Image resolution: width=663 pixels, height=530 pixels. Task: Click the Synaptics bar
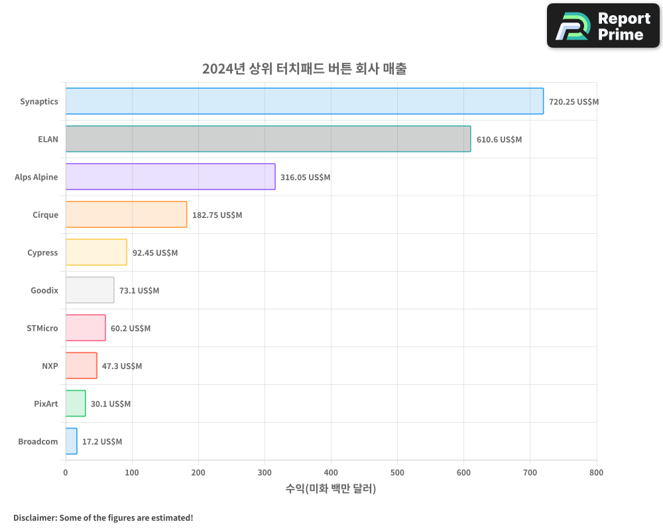click(x=304, y=101)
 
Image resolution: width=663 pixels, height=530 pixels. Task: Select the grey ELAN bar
click(x=268, y=139)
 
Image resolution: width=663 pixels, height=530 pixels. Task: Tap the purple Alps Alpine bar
click(x=170, y=177)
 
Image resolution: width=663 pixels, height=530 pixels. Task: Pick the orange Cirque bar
click(x=126, y=215)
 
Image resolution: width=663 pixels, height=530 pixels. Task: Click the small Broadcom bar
click(x=72, y=441)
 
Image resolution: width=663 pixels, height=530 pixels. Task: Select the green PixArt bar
click(x=76, y=403)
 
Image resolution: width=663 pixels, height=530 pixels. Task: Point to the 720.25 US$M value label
click(x=573, y=102)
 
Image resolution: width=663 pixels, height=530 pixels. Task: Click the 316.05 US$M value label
click(x=305, y=178)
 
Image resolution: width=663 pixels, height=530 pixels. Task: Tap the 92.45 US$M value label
click(x=155, y=253)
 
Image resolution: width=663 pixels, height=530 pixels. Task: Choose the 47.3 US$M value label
click(x=122, y=366)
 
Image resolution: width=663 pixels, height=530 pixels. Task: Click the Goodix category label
click(x=44, y=290)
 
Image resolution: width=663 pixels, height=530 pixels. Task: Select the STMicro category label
click(x=42, y=328)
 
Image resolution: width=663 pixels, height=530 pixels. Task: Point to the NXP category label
click(x=50, y=366)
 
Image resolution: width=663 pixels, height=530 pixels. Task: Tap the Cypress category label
click(x=42, y=252)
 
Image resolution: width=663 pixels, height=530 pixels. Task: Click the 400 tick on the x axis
click(x=331, y=472)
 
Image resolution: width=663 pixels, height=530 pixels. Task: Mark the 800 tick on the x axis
click(x=596, y=472)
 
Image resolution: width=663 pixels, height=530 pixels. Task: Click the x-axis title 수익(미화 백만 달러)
click(x=331, y=489)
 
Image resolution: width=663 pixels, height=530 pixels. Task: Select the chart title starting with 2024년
click(x=304, y=68)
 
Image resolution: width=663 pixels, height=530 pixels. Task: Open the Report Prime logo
click(x=603, y=26)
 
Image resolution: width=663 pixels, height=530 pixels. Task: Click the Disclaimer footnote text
click(x=103, y=517)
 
